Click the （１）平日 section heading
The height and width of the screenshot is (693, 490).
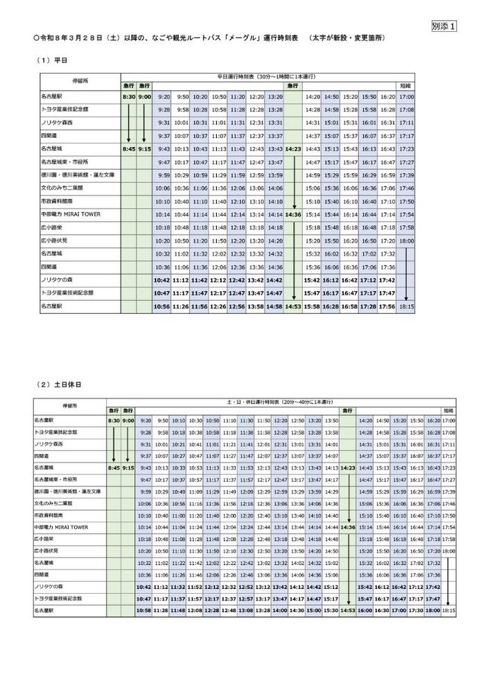52,60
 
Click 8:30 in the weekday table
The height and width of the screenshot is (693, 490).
128,96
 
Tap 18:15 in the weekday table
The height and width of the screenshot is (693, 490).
406,306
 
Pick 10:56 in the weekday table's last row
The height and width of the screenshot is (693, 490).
161,306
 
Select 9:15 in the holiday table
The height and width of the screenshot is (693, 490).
128,468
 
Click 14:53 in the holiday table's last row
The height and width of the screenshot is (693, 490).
348,611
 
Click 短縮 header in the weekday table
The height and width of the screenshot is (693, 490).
406,85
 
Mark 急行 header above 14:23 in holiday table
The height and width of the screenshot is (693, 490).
348,411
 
